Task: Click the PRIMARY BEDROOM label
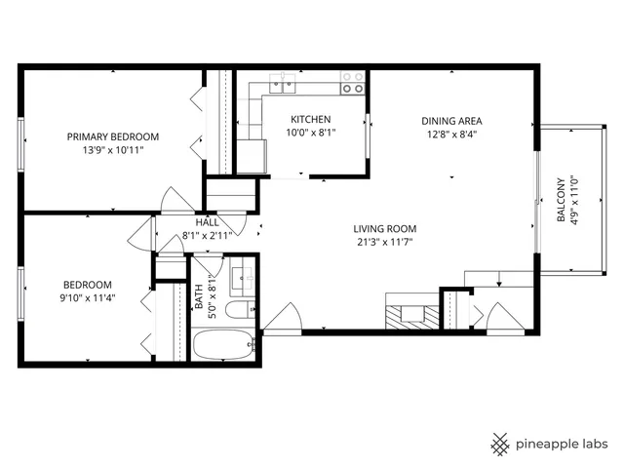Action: tap(112, 136)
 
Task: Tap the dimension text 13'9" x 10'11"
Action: tap(112, 151)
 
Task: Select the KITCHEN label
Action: tap(307, 118)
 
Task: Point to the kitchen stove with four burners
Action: tap(352, 83)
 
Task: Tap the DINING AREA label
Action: tap(451, 121)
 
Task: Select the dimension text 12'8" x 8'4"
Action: tap(451, 136)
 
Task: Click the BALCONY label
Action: tap(561, 201)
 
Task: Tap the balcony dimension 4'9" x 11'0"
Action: tap(574, 201)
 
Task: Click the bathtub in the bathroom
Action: tap(223, 345)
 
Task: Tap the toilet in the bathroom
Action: tap(236, 311)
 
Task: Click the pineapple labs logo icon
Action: tap(500, 444)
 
